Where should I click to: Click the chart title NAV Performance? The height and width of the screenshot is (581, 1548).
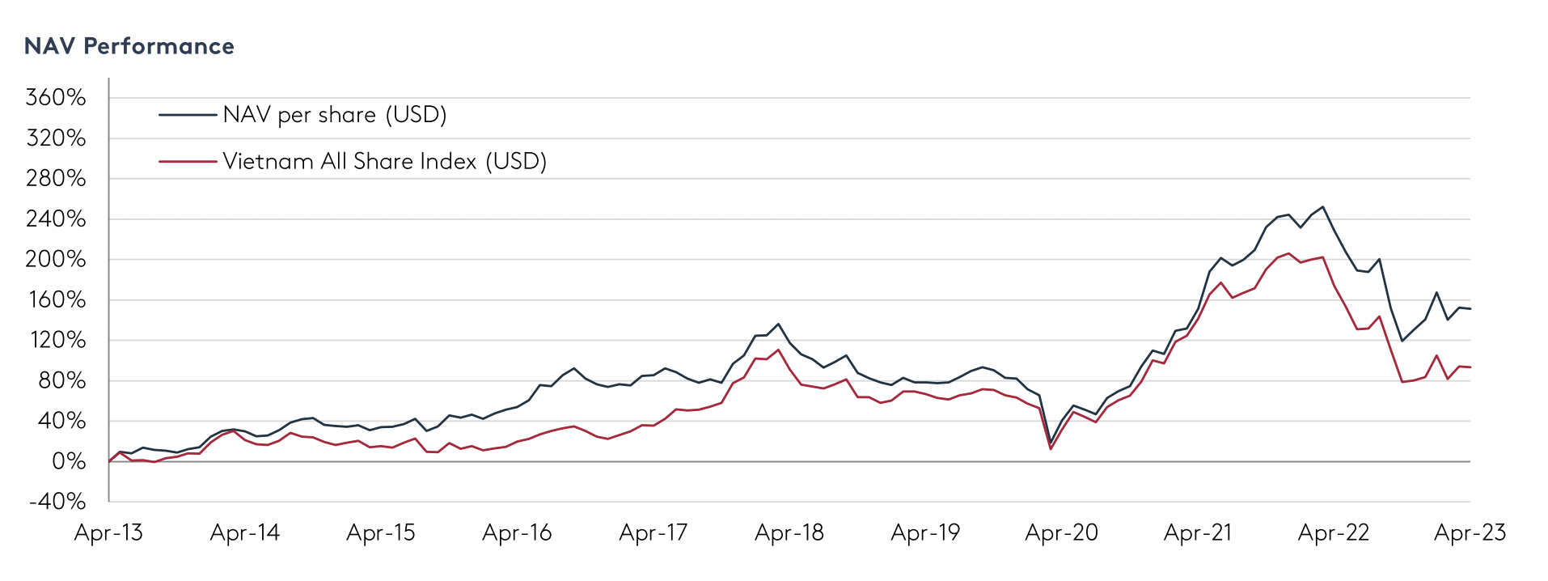click(x=129, y=46)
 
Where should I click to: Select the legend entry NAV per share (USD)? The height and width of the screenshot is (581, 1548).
click(x=334, y=115)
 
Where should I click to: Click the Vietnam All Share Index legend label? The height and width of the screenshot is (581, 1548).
click(x=384, y=161)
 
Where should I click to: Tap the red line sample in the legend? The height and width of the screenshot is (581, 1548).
click(x=188, y=161)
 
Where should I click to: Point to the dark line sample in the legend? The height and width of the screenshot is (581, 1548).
click(x=188, y=115)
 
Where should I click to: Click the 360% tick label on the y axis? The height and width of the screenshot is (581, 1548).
click(x=56, y=98)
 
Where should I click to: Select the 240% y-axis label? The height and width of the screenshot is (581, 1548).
click(x=56, y=219)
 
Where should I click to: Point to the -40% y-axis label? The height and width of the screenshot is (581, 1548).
click(x=57, y=502)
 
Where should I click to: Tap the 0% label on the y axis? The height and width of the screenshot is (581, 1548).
click(x=69, y=461)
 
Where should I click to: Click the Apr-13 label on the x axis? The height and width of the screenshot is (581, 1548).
click(x=108, y=532)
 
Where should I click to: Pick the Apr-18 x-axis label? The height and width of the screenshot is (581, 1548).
click(x=789, y=532)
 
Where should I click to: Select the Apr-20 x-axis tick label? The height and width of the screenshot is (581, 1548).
click(x=1061, y=532)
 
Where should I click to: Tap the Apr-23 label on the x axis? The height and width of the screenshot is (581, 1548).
click(x=1470, y=532)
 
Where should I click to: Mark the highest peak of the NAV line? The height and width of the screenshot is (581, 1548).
click(x=1322, y=206)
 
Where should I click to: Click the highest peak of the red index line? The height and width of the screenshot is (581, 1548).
click(x=1288, y=253)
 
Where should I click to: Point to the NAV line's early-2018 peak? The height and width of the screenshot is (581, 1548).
click(x=778, y=324)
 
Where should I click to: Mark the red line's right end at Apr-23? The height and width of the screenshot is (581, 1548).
click(x=1470, y=367)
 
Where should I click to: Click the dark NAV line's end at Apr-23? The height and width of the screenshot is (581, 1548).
click(x=1470, y=308)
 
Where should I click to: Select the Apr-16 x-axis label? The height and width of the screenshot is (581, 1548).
click(x=517, y=532)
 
